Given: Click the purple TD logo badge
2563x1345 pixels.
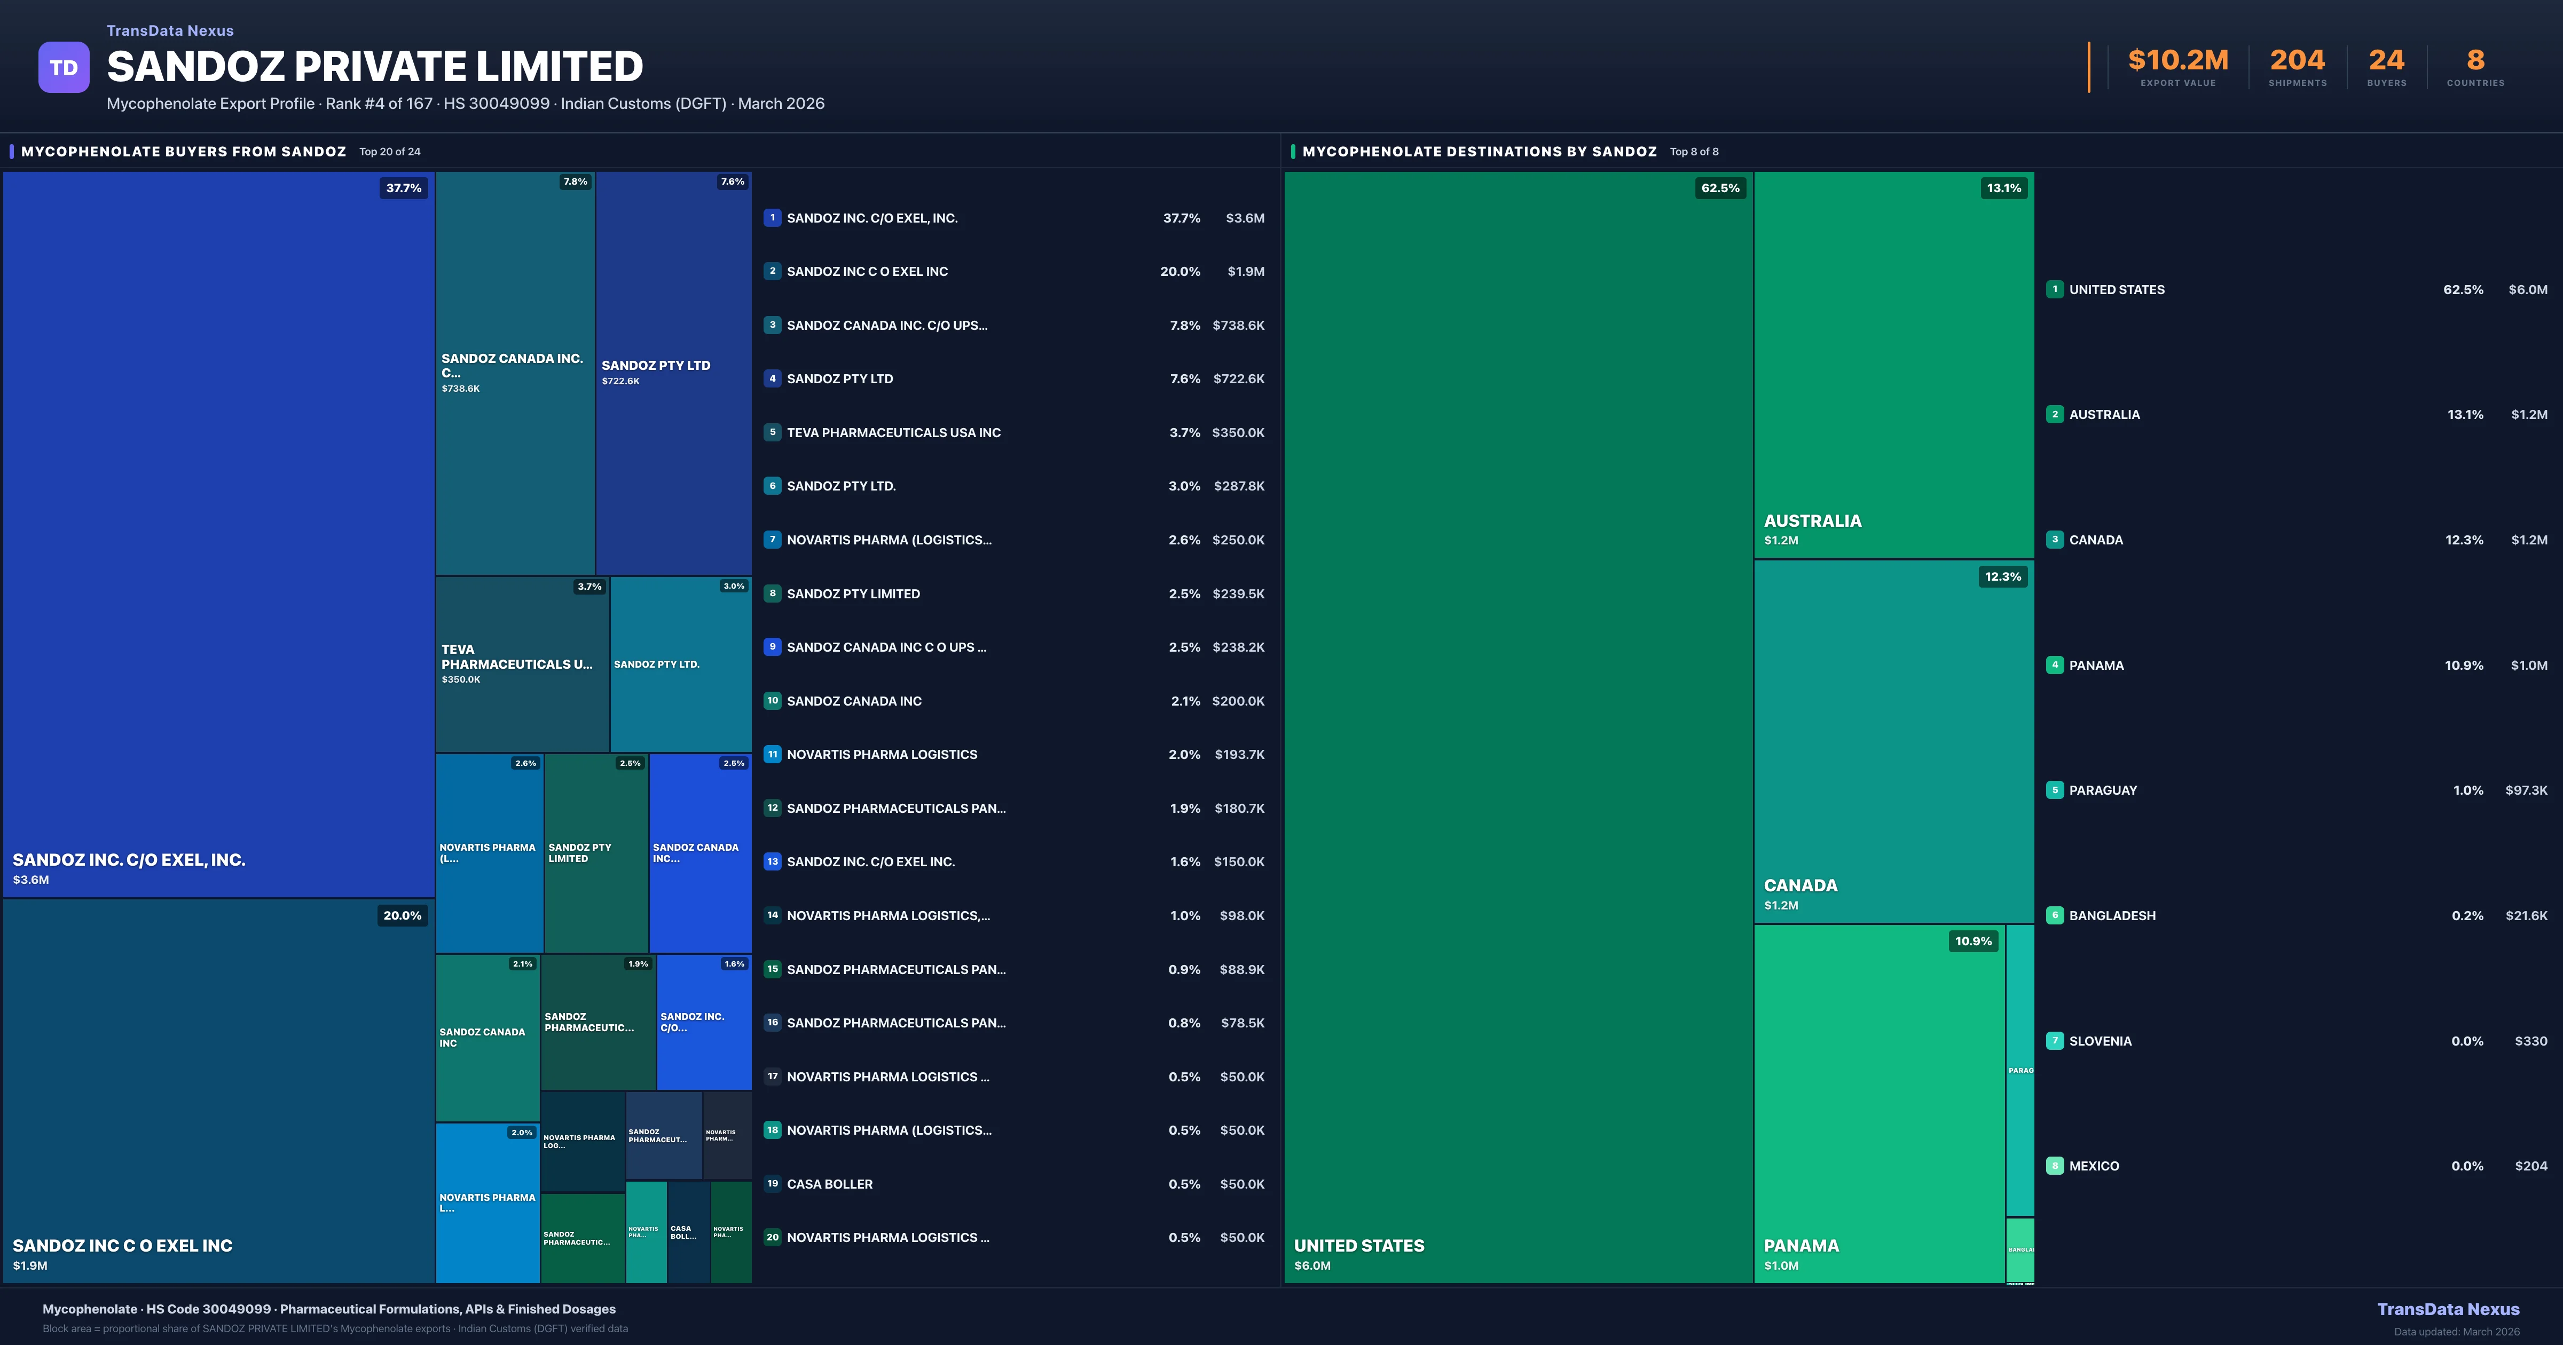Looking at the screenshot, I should point(64,68).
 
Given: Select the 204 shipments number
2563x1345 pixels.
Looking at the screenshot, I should point(2297,61).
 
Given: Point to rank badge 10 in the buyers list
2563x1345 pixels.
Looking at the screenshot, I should point(772,700).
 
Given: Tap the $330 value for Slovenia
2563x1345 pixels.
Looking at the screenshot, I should point(2530,1041).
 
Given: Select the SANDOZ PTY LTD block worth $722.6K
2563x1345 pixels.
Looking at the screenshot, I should point(673,373).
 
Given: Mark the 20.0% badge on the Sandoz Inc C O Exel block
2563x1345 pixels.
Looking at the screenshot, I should point(402,915).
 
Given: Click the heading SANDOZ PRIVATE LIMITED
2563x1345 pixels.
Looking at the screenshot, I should point(374,67).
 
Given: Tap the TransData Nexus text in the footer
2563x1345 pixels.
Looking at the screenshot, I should point(2448,1309).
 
